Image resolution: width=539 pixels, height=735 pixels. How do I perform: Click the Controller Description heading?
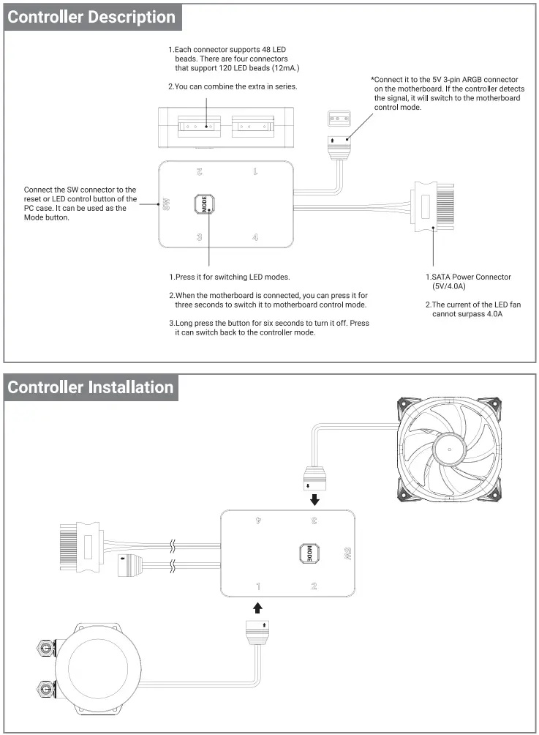pos(91,18)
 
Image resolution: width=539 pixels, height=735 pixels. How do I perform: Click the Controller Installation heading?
pos(91,387)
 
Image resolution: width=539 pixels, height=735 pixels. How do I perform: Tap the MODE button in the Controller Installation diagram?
pos(309,553)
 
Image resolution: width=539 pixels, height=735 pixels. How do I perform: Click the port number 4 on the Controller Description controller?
pos(255,236)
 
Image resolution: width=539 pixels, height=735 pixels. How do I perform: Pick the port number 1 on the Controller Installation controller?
pos(257,586)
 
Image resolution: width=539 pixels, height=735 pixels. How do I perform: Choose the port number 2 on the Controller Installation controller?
pos(314,586)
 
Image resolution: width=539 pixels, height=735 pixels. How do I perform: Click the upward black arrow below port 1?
pos(257,607)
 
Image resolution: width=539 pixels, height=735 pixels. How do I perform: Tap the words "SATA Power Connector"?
pos(470,277)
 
